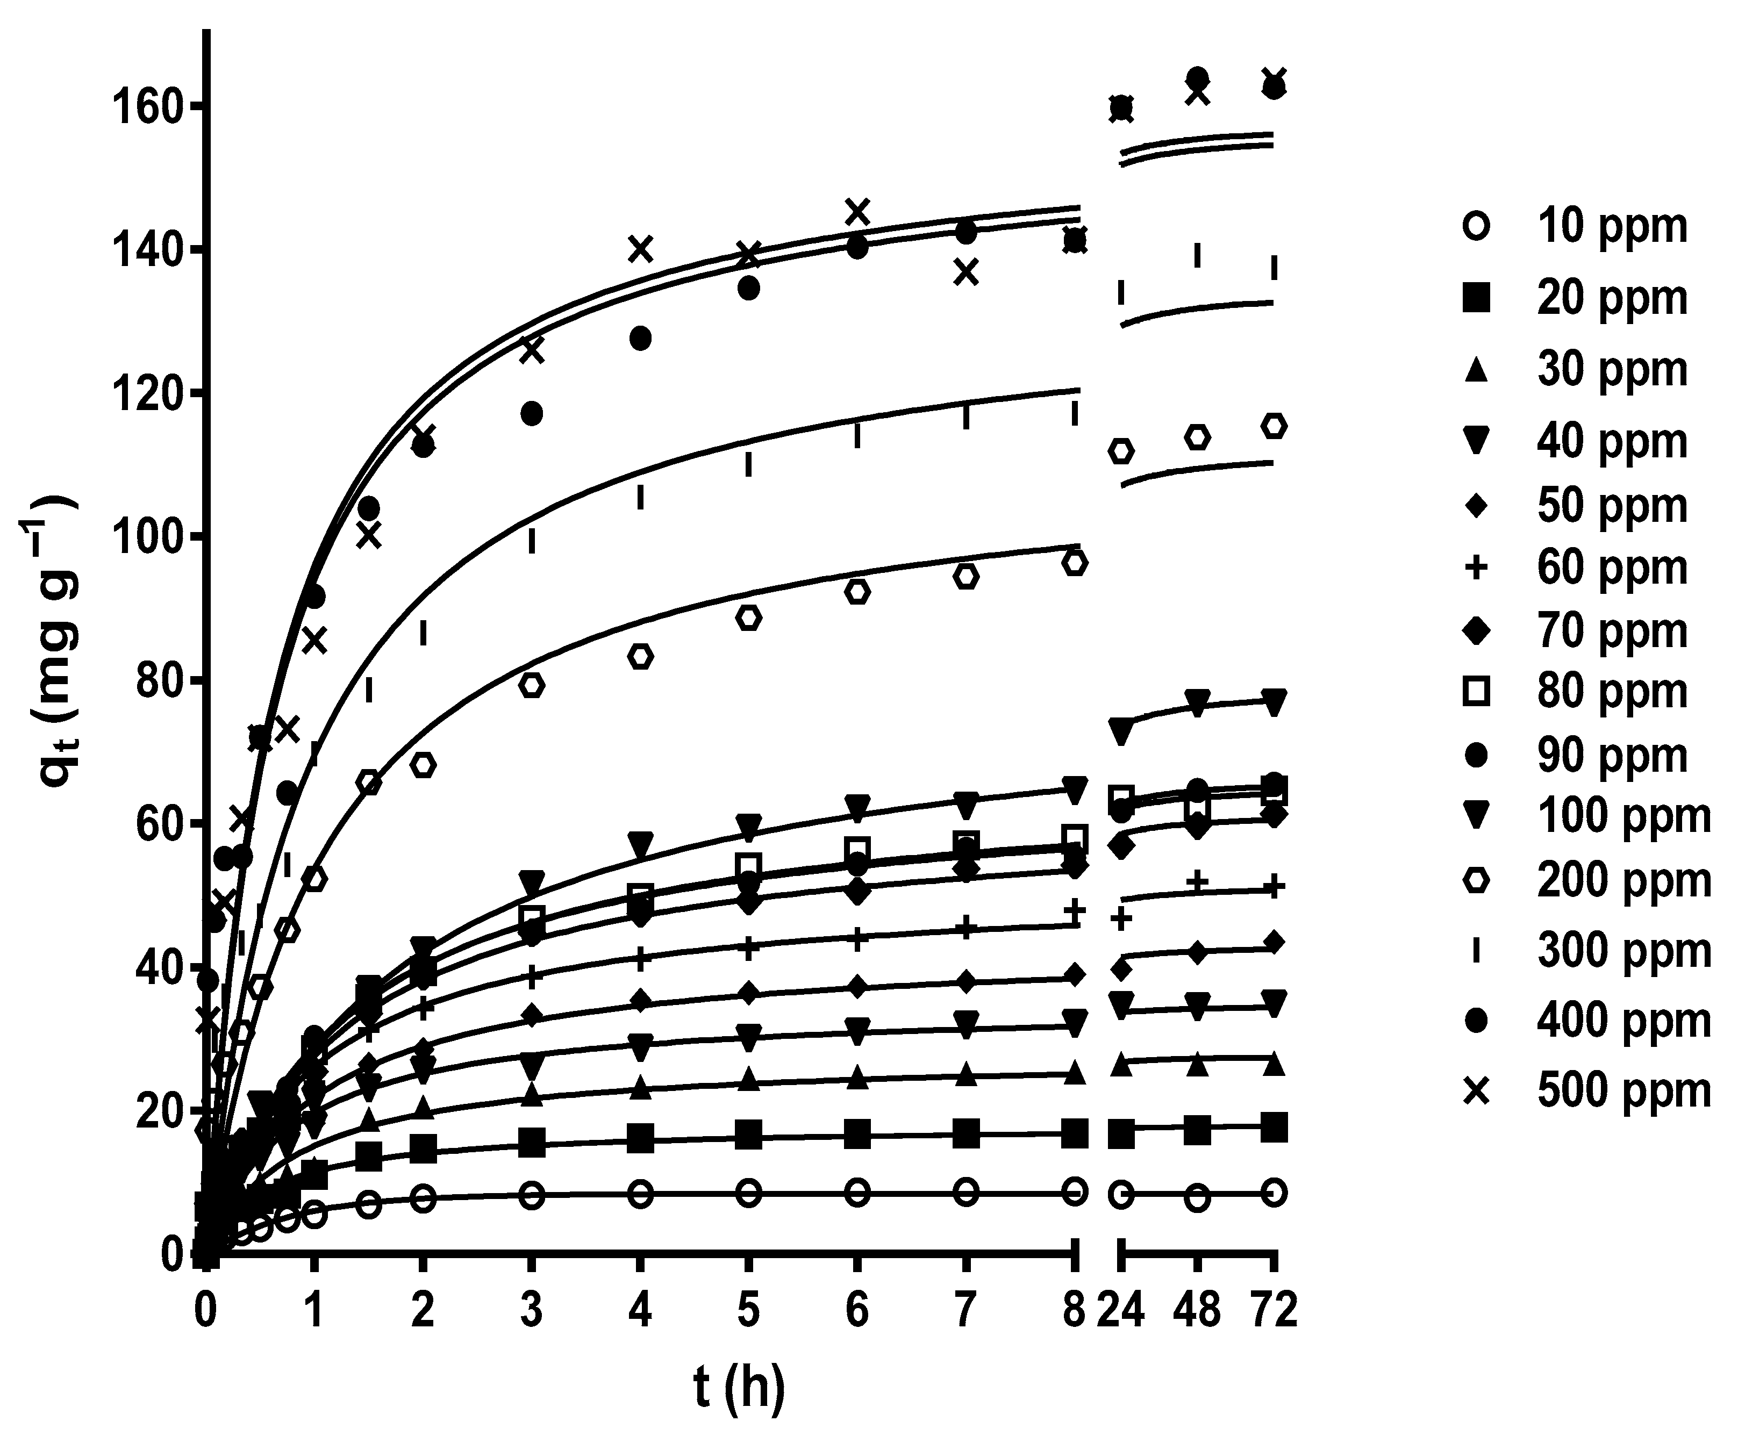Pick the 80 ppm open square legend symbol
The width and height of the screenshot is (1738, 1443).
coord(1477,691)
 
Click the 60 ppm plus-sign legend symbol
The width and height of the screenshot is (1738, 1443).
coord(1477,568)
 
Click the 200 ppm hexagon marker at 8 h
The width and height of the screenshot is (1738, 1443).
coord(1074,563)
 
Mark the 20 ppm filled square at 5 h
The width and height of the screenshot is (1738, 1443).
coord(748,1135)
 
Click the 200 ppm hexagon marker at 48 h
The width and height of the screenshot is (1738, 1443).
coord(1198,437)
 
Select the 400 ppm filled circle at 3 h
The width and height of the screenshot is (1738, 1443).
coord(532,413)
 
